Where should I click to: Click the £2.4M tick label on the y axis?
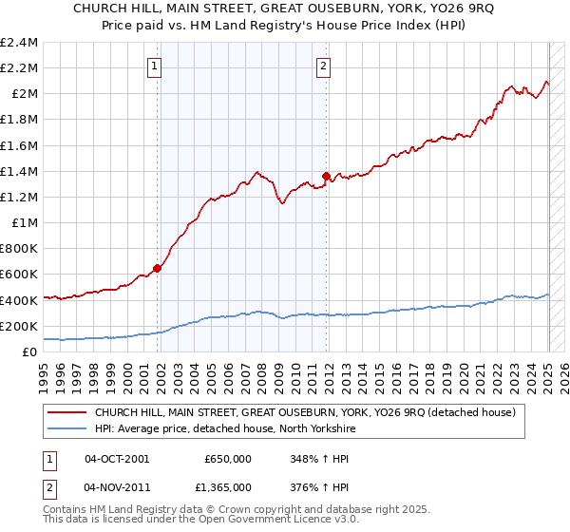19,43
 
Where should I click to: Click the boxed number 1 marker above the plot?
155,66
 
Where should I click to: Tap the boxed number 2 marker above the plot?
324,66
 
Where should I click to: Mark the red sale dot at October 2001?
158,268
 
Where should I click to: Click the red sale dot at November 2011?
327,176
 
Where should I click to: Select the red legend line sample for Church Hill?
67,412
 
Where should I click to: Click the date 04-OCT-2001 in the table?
117,458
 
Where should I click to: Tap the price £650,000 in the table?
228,458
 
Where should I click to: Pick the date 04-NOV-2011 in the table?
117,486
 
